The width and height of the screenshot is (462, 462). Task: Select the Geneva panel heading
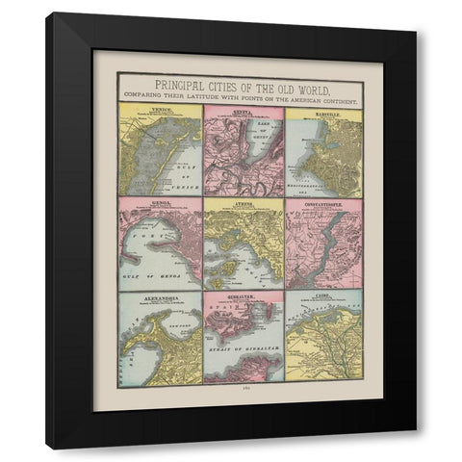pyautogui.click(x=243, y=110)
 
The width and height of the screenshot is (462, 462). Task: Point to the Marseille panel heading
pyautogui.click(x=323, y=110)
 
